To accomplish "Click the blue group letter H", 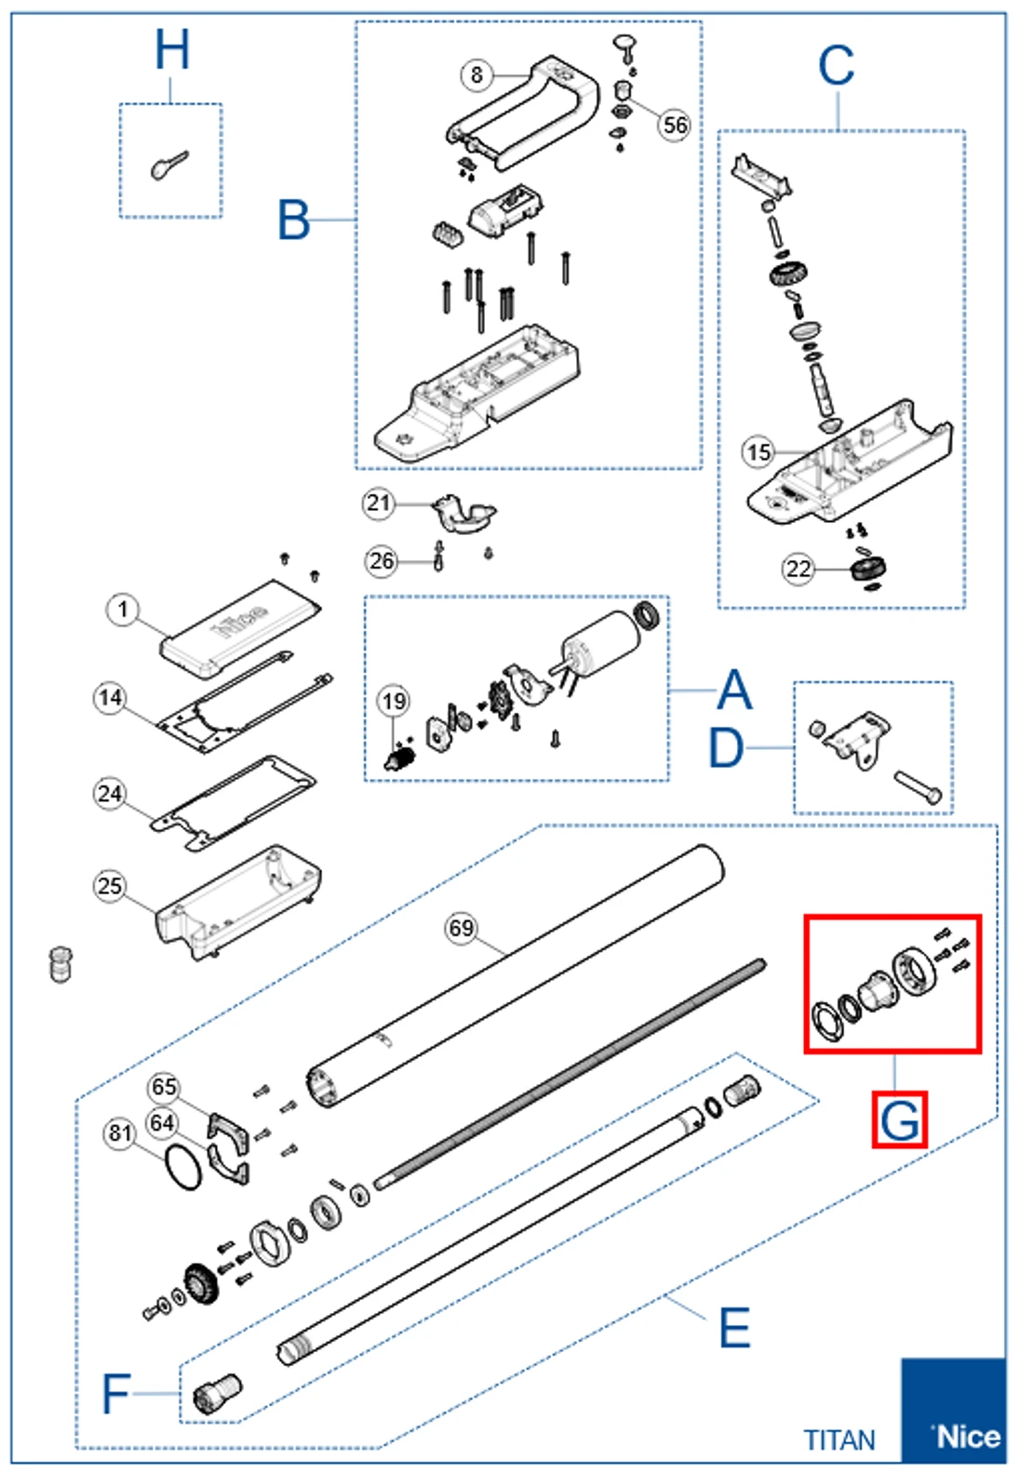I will click(172, 50).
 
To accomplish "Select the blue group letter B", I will click(293, 221).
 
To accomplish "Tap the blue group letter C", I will click(836, 67).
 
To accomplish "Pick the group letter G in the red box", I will click(900, 1119).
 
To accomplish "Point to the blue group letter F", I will click(115, 1393).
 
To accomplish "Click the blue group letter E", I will click(734, 1328).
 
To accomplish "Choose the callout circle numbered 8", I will click(476, 74).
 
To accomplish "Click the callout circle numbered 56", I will click(675, 125).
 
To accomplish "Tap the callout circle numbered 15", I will click(758, 452).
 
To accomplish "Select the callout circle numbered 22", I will click(799, 569).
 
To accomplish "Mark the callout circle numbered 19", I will click(394, 702).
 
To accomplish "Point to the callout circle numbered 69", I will click(462, 928).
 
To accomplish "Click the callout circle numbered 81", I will click(120, 1132).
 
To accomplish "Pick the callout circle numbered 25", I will click(110, 885).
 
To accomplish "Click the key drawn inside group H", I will click(168, 166).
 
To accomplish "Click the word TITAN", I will click(839, 1440).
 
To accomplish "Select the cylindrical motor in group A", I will click(599, 642).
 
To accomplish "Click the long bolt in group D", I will click(918, 787).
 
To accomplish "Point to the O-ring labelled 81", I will click(183, 1167).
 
